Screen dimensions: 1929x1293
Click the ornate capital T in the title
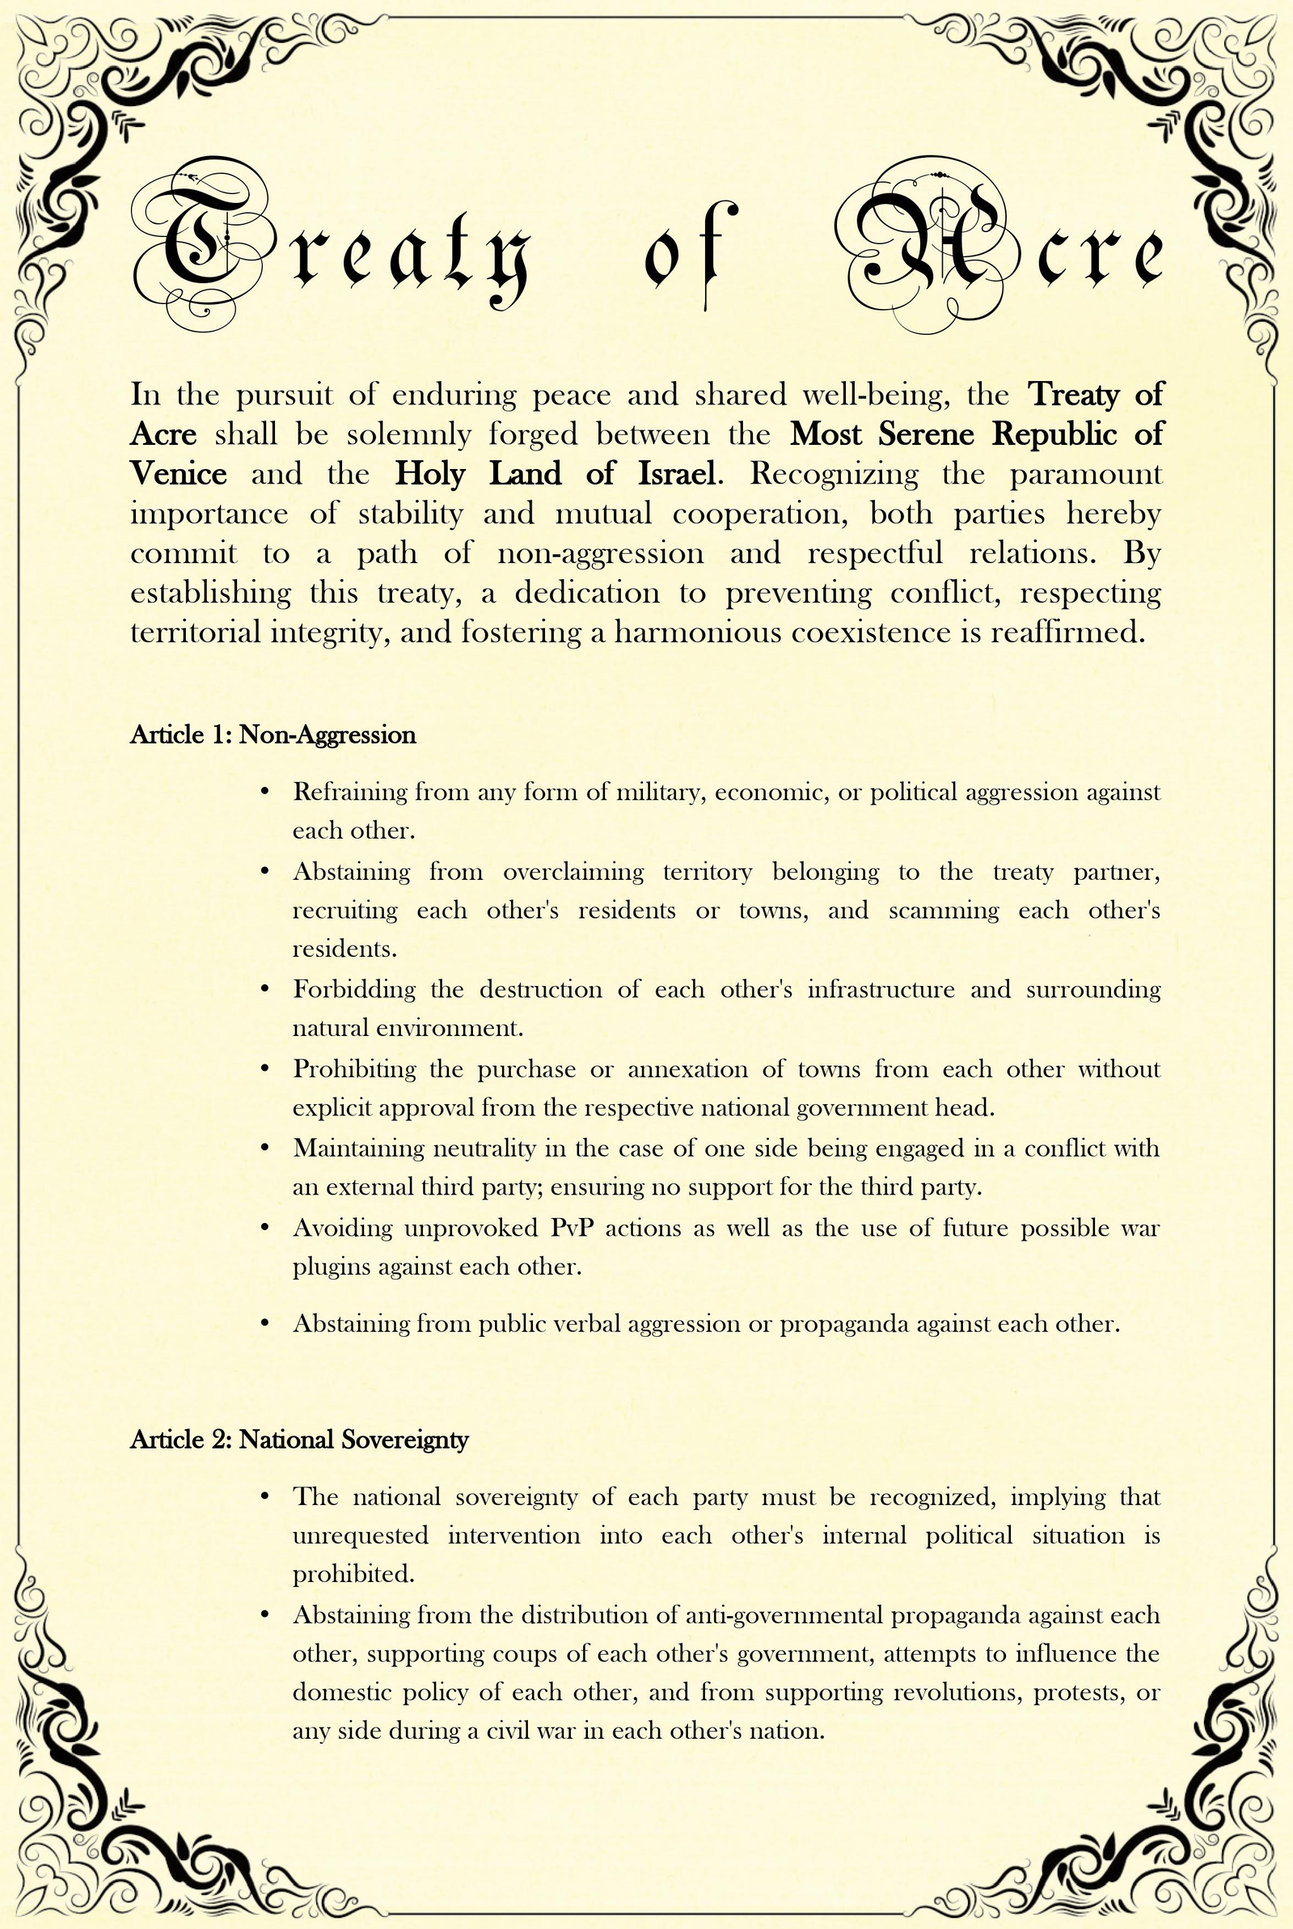coord(198,244)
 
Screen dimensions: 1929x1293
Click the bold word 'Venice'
coord(178,474)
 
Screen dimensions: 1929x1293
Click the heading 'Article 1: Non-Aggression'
coord(273,735)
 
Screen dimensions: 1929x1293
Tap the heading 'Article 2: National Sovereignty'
coord(299,1439)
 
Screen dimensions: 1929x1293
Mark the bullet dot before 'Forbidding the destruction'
coord(264,989)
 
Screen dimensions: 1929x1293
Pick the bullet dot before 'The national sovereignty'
coord(264,1496)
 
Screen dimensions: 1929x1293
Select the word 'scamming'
coord(944,911)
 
